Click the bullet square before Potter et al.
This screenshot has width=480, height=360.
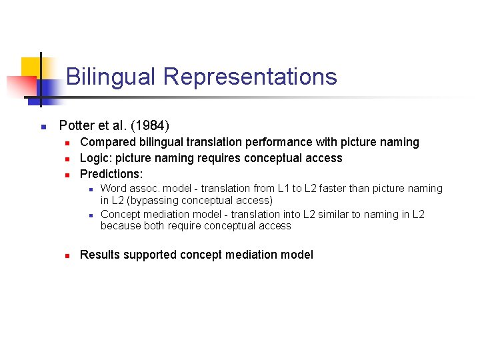pos(41,126)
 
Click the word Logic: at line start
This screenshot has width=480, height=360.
pos(97,158)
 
